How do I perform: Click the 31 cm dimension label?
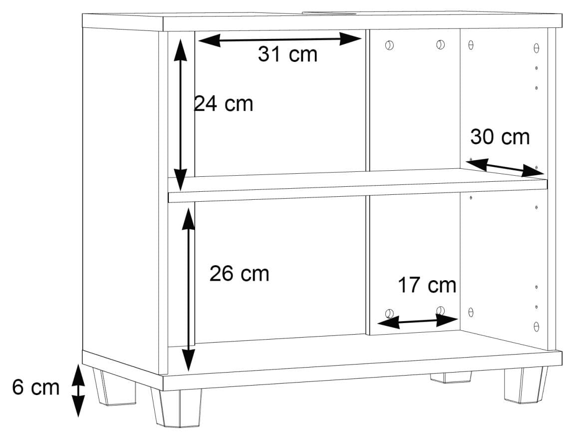287,54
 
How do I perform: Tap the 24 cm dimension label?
223,104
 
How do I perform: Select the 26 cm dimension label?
239,273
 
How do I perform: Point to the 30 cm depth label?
500,137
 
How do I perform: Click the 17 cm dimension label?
427,285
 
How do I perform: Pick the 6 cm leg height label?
35,387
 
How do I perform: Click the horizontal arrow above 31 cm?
280,39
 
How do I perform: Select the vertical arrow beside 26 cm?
188,290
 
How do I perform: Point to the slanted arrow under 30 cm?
507,168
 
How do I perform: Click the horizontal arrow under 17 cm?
418,322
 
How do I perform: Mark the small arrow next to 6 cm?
77,391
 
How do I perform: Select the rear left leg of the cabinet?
114,388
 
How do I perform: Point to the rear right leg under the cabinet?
451,378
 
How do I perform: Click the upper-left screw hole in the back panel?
389,45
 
